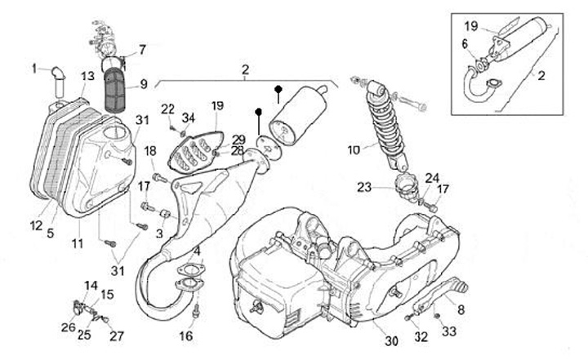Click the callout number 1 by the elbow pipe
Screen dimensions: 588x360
point(34,69)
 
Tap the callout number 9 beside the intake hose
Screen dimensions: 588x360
point(144,84)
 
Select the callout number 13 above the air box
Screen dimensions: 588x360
point(87,76)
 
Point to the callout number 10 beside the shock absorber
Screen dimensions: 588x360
point(354,150)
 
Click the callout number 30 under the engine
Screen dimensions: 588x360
point(391,341)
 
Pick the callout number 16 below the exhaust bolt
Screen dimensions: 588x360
point(186,336)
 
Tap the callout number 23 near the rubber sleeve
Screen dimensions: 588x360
point(363,187)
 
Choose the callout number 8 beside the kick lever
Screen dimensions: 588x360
point(461,309)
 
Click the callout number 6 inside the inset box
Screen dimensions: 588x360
point(465,44)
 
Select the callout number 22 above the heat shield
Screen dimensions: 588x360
point(167,109)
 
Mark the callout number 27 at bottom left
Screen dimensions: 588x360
point(117,336)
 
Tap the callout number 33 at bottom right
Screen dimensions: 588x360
point(449,331)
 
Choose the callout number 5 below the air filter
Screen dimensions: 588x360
point(51,233)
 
